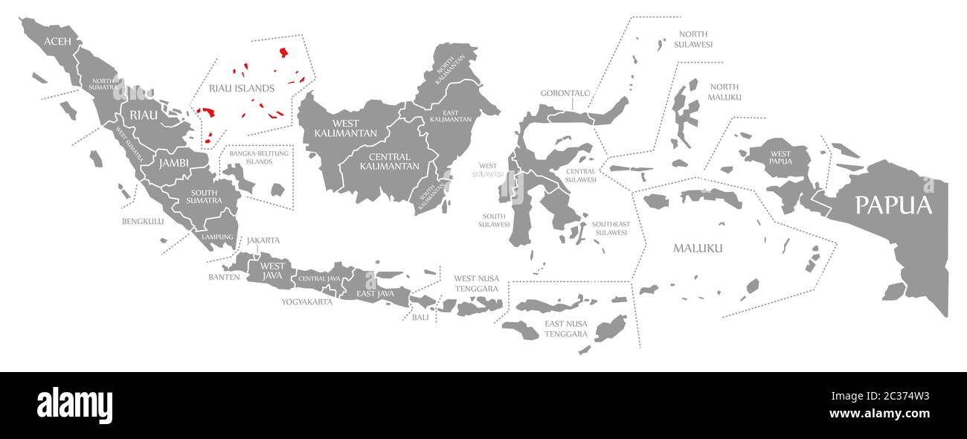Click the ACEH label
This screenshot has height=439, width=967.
pyautogui.click(x=57, y=41)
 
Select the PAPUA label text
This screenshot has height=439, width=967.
pyautogui.click(x=893, y=205)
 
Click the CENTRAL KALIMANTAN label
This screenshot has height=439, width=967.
pyautogui.click(x=389, y=161)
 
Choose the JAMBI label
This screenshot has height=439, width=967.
pyautogui.click(x=173, y=163)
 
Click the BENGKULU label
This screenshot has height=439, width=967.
pyautogui.click(x=143, y=221)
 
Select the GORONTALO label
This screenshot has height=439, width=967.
pyautogui.click(x=565, y=93)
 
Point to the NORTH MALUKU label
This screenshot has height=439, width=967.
pyautogui.click(x=725, y=92)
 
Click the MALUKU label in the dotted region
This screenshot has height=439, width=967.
pyautogui.click(x=697, y=248)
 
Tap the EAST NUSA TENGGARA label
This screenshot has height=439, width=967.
pyautogui.click(x=566, y=329)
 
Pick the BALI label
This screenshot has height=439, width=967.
pyautogui.click(x=420, y=317)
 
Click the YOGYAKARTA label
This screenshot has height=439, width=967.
pyautogui.click(x=306, y=302)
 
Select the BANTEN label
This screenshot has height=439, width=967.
pyautogui.click(x=224, y=277)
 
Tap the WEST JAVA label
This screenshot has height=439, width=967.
pyautogui.click(x=272, y=271)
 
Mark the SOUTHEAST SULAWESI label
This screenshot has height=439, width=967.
pyautogui.click(x=611, y=228)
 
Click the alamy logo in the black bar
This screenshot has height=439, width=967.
pyautogui.click(x=74, y=406)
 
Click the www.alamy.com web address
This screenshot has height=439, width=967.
pyautogui.click(x=878, y=414)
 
